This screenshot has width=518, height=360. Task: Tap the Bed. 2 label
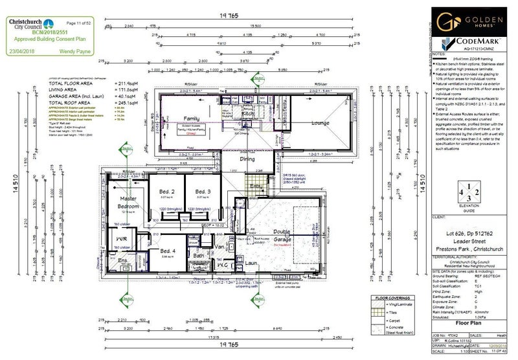[x=167, y=192]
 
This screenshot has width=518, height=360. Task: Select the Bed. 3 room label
[x=203, y=192]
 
